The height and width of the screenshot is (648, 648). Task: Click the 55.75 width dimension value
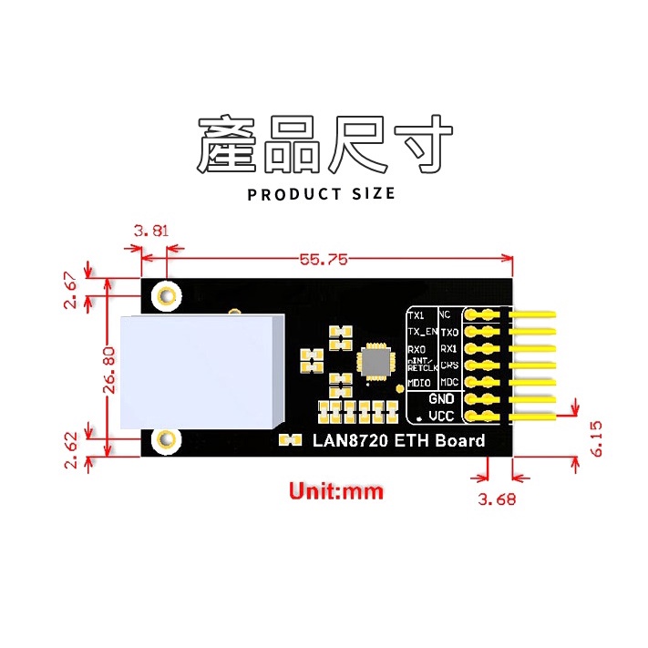pos(324,260)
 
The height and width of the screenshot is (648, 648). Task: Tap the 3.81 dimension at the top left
pos(150,231)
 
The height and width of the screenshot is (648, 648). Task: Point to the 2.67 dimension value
pos(71,290)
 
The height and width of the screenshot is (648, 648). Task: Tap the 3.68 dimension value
pos(503,499)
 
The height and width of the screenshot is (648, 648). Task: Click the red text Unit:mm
pos(336,491)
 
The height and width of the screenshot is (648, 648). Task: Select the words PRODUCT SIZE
pos(322,193)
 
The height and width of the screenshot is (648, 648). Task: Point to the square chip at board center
pos(375,361)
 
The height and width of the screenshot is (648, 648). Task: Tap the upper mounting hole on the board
pos(167,296)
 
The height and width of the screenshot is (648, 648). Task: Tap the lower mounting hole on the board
pos(166,441)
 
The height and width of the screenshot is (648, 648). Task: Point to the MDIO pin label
pos(419,383)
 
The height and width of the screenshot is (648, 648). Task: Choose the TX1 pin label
pos(416,314)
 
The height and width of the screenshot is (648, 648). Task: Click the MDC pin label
pos(449,383)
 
